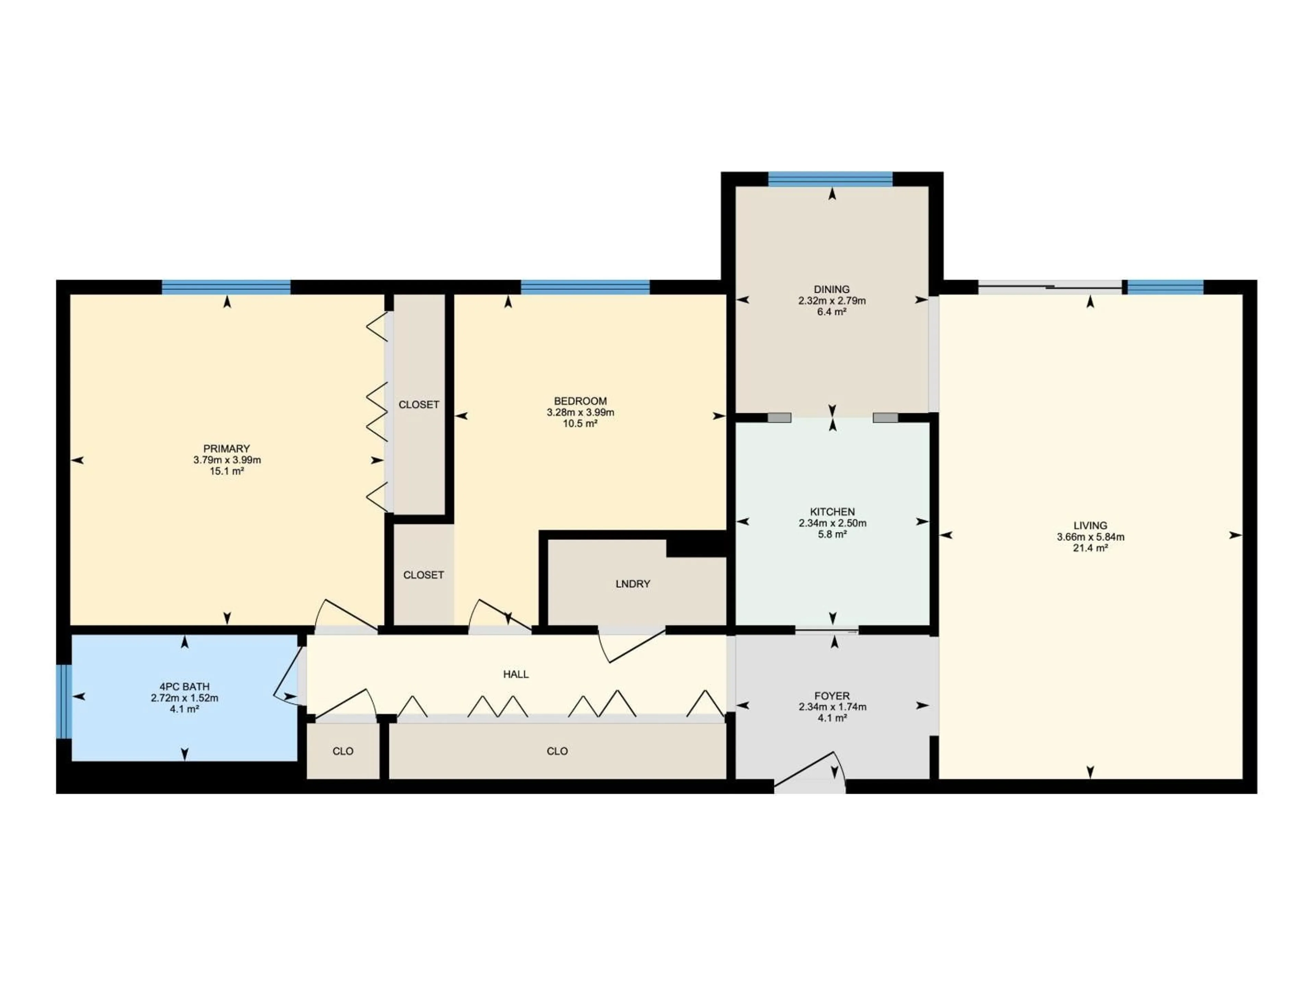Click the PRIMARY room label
226,449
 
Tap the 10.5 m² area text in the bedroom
580,424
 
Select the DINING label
832,290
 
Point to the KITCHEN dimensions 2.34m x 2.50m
832,523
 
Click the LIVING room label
1090,525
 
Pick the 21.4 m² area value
1090,548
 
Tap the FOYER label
832,695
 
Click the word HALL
516,674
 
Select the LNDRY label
632,584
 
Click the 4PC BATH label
184,686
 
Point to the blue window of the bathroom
64,702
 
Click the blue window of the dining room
830,179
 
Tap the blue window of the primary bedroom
226,287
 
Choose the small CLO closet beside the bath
343,751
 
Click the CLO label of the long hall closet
557,751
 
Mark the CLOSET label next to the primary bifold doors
419,404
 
